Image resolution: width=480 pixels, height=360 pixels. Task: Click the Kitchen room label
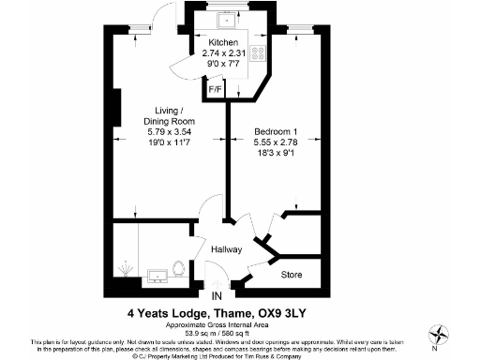pyautogui.click(x=223, y=44)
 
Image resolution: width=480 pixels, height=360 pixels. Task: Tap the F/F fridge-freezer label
pyautogui.click(x=215, y=90)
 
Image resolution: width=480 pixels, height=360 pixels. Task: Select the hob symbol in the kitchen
pyautogui.click(x=258, y=53)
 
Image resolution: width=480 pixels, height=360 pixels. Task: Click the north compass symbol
pyautogui.click(x=438, y=335)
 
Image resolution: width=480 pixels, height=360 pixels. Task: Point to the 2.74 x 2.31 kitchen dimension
pyautogui.click(x=223, y=54)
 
